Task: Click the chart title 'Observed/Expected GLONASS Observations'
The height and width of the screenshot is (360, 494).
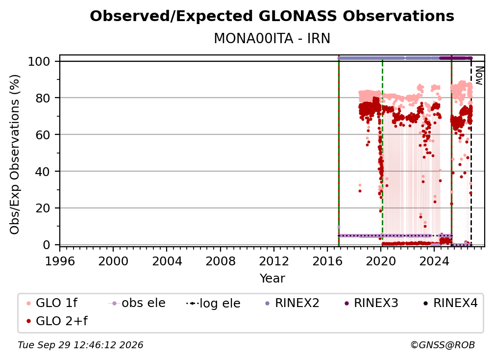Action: tap(272, 16)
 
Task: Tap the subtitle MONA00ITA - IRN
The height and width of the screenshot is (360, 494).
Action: tap(272, 38)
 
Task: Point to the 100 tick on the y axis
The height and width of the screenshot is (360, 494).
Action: tap(39, 61)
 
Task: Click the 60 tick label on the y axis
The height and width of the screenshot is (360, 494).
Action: tap(43, 134)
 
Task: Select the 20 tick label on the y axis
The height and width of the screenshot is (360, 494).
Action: tap(43, 208)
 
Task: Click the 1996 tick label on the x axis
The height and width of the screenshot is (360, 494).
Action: tap(60, 261)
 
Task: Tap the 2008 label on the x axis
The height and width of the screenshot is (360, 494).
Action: tap(220, 261)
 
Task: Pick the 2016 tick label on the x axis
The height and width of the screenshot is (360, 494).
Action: tap(327, 261)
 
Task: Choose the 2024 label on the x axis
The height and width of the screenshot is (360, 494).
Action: tap(434, 261)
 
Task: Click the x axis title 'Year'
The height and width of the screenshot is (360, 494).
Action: tap(272, 279)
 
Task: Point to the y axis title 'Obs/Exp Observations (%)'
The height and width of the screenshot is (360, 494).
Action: tap(15, 154)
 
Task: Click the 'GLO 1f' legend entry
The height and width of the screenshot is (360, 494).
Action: tap(52, 303)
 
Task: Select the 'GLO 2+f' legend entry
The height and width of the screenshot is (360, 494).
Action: tap(57, 321)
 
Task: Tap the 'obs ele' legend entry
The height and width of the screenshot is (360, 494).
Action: tap(137, 303)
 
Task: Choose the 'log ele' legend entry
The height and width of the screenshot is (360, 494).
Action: tap(213, 303)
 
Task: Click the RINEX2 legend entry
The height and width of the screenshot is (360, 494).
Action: tap(292, 303)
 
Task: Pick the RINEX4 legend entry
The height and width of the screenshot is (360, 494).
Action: tap(450, 303)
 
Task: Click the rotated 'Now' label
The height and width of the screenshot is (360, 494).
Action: tap(479, 76)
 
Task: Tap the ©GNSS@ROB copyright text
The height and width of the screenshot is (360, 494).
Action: tap(443, 345)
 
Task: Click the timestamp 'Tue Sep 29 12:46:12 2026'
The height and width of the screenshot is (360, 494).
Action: tap(80, 345)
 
